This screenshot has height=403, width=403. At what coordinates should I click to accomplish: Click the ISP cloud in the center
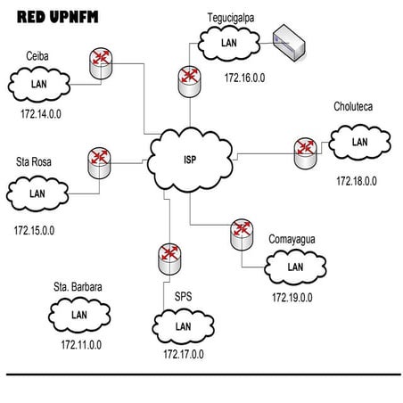(x=190, y=161)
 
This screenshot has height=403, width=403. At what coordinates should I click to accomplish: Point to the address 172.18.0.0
(x=357, y=181)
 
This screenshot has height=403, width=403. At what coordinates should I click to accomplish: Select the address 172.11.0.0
(x=81, y=344)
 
